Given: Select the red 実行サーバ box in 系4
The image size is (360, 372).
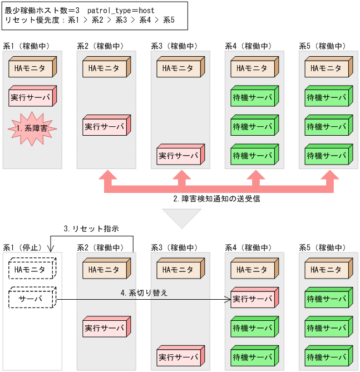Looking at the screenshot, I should (253, 299).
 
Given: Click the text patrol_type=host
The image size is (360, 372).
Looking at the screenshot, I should (121, 10).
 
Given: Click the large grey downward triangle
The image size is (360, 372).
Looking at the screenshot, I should (180, 217).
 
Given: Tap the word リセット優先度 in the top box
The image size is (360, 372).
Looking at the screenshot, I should (30, 20).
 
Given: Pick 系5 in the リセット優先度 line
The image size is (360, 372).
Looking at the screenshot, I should (169, 20).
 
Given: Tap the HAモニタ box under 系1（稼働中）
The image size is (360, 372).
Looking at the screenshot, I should (32, 69).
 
